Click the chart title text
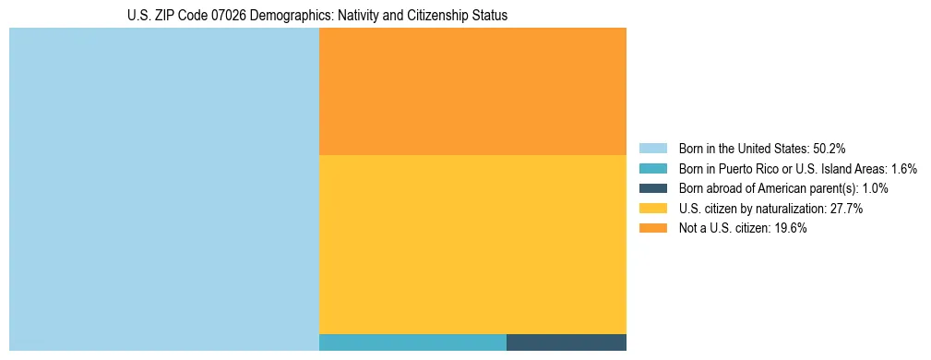(x=317, y=16)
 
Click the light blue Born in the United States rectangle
(x=163, y=189)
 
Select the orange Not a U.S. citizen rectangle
(x=472, y=91)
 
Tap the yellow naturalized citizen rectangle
(x=472, y=245)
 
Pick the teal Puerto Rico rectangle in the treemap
(x=412, y=342)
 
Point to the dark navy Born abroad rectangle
(x=567, y=342)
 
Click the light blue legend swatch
(x=652, y=149)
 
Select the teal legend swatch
(x=652, y=169)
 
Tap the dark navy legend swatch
(x=652, y=188)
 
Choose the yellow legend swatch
(x=652, y=209)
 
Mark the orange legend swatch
(x=652, y=229)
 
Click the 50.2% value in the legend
(x=830, y=149)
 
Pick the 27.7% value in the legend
(x=846, y=209)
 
